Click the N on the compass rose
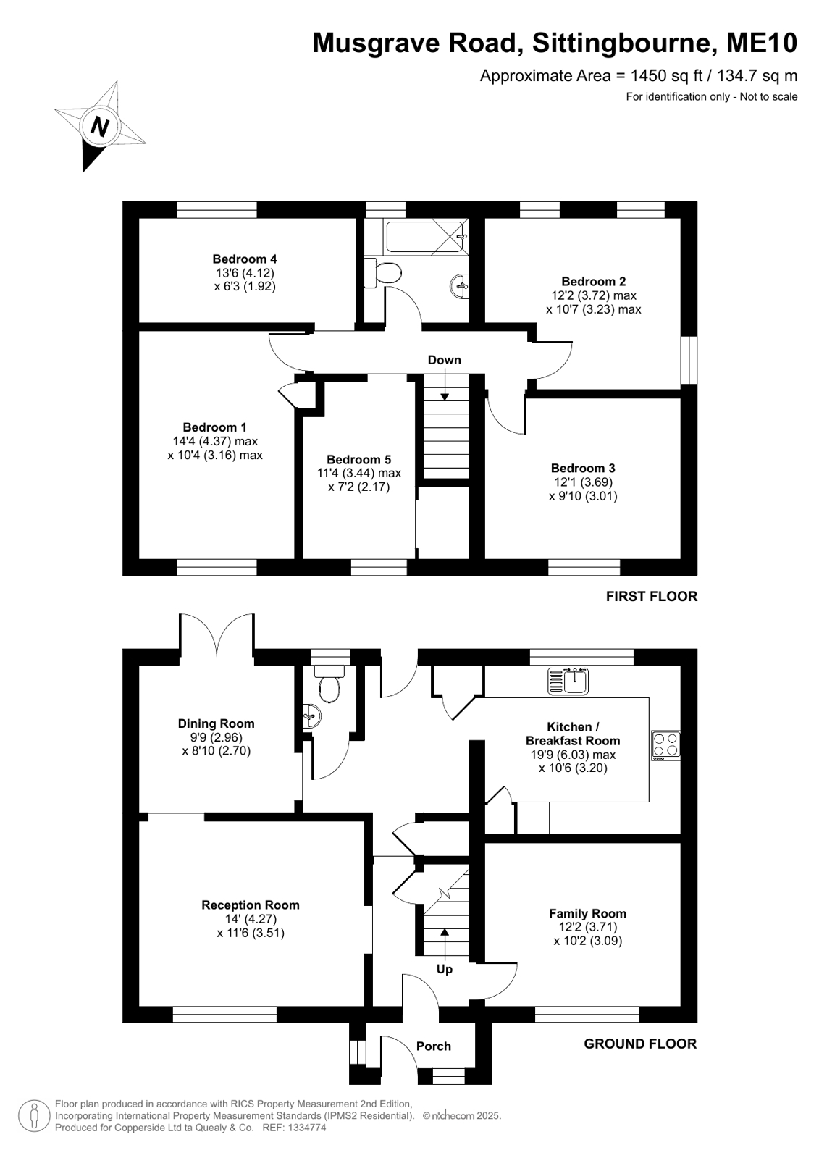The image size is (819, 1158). (x=101, y=126)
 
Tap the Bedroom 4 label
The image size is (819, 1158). (x=245, y=259)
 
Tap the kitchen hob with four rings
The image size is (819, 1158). (x=665, y=745)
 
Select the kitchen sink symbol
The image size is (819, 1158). (x=568, y=681)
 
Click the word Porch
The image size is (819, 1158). (x=433, y=1046)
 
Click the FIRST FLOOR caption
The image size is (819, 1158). (x=652, y=597)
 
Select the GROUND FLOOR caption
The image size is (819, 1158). (x=640, y=1044)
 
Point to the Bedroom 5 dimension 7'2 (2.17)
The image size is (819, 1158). (x=359, y=487)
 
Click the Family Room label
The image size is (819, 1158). (x=587, y=913)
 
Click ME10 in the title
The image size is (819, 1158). (x=762, y=43)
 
